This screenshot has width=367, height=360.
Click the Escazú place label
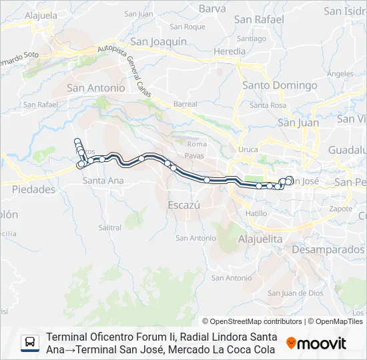(183, 205)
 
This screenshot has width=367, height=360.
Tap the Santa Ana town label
(103, 181)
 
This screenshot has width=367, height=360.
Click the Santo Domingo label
(280, 85)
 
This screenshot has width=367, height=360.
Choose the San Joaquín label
(158, 41)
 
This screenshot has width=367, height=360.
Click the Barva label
(213, 9)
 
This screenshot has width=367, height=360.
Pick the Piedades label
(33, 189)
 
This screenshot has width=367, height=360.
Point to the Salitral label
(110, 227)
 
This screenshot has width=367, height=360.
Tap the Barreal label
(186, 104)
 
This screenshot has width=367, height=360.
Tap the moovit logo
(316, 343)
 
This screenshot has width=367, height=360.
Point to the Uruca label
(248, 149)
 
